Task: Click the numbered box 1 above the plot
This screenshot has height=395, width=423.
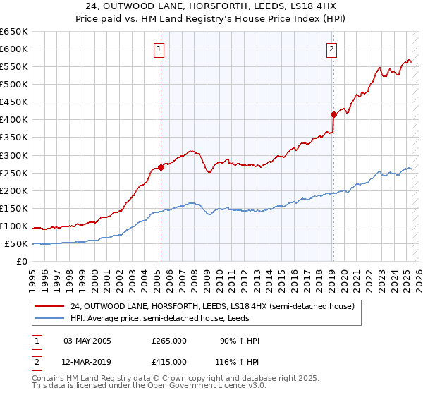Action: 160,49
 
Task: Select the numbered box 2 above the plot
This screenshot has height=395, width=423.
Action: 331,49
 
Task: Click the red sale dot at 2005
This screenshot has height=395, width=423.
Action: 161,167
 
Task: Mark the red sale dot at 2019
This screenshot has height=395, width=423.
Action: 333,114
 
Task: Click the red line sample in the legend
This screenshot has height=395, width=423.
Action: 49,305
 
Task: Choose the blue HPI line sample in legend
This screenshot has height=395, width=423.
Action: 49,317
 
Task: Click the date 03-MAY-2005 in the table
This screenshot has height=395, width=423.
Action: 87,341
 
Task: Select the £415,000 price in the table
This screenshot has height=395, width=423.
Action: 169,361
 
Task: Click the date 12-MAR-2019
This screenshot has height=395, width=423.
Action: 87,361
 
